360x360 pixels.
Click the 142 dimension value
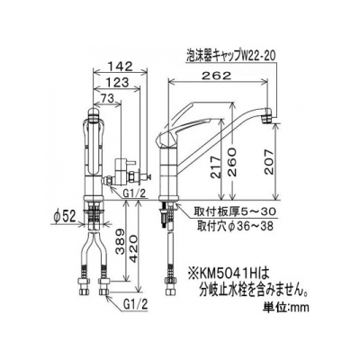(x=121, y=67)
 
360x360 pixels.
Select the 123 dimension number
(x=117, y=82)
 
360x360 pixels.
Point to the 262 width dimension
(x=217, y=76)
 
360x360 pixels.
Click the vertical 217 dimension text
(x=216, y=167)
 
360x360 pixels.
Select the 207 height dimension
(x=269, y=162)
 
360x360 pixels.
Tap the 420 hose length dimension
(x=133, y=248)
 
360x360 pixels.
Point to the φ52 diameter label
(x=65, y=217)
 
